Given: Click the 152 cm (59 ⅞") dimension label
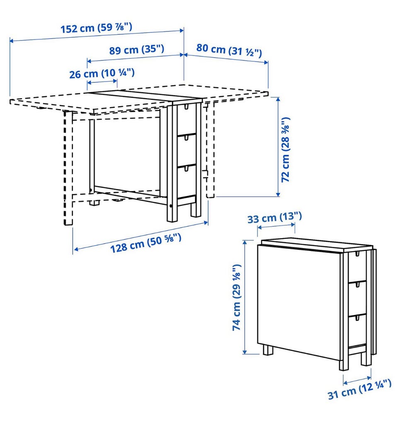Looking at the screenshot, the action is (96, 28).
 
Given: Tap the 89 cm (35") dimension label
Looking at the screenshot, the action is (137, 50).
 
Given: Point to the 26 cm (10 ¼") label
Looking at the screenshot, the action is (102, 73).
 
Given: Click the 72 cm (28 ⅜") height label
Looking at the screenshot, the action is (285, 149).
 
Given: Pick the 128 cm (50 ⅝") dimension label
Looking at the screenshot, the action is (146, 243).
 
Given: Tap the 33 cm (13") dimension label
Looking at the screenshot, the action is (274, 218).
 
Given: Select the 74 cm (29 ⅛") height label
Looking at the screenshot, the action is (236, 297).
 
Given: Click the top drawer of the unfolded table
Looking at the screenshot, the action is (186, 119).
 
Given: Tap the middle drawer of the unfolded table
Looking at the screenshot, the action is (187, 150).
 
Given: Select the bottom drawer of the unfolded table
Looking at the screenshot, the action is (187, 181).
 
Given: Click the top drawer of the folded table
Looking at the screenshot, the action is (357, 267).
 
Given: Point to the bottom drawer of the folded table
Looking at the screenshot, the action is (357, 330).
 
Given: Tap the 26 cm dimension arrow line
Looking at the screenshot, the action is (102, 82).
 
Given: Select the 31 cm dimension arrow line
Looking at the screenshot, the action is (357, 380).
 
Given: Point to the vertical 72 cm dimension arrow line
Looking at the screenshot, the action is (278, 147).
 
